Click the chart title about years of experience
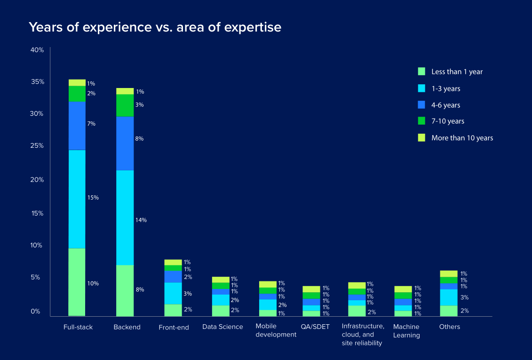click(155, 27)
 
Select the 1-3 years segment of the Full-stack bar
click(77, 199)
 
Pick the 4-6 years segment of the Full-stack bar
click(77, 125)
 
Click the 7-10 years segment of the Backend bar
click(125, 105)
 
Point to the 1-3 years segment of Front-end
click(173, 293)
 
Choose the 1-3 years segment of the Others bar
click(449, 297)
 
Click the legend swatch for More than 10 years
click(421, 138)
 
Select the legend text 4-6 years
click(445, 105)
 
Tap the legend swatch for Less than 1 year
click(421, 72)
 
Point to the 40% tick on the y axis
click(37, 50)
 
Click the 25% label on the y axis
click(37, 146)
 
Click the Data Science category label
click(222, 327)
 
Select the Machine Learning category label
click(406, 331)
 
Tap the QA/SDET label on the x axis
click(315, 327)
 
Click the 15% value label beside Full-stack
click(93, 198)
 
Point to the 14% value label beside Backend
click(141, 220)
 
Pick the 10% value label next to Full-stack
click(93, 283)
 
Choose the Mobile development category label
click(276, 330)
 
